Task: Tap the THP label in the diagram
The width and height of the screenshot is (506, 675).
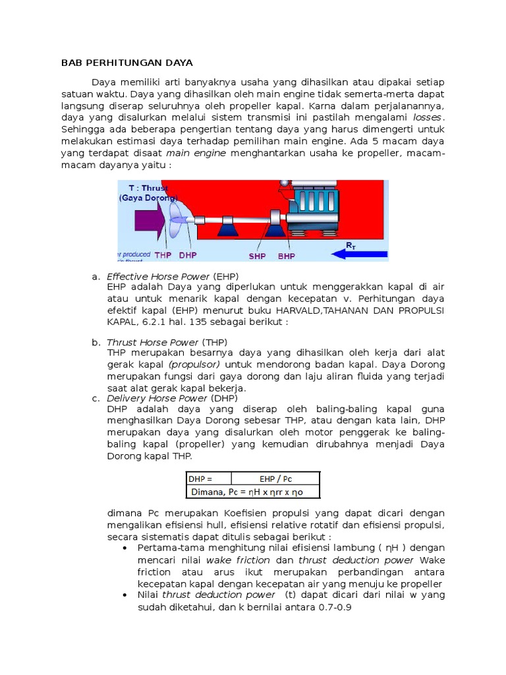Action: (x=162, y=256)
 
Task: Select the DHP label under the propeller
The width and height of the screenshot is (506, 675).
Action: (x=188, y=256)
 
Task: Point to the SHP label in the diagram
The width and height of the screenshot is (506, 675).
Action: (x=258, y=256)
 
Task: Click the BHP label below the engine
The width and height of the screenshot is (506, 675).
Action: (x=287, y=256)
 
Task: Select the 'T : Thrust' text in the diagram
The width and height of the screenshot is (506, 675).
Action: (x=148, y=188)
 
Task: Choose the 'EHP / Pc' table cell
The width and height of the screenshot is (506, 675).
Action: (x=277, y=479)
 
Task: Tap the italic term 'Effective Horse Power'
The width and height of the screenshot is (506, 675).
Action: (x=158, y=276)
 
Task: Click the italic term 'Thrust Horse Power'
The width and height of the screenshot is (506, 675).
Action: (x=152, y=342)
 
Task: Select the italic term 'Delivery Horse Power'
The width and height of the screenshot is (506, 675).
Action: (x=157, y=398)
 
